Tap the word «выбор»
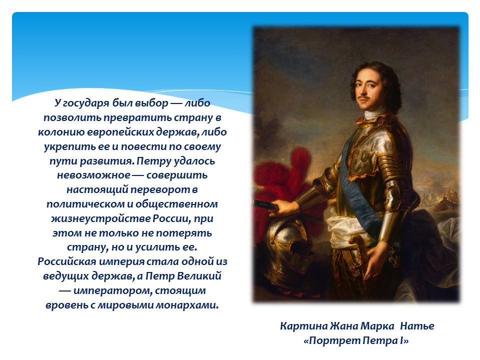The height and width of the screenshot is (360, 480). (x=149, y=103)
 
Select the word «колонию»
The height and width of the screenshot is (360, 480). (x=61, y=132)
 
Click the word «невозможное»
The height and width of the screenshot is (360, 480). (x=93, y=175)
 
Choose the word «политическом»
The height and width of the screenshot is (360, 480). (x=86, y=204)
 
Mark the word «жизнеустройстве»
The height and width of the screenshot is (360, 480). (x=100, y=219)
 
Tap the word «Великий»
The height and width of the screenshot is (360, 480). (x=199, y=276)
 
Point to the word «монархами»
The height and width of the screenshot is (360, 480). (x=187, y=305)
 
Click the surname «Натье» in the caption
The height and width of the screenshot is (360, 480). (x=417, y=326)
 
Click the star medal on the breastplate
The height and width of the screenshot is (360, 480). (x=363, y=158)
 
